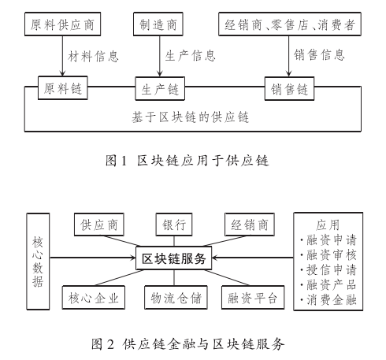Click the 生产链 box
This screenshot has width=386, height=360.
pos(164,87)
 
